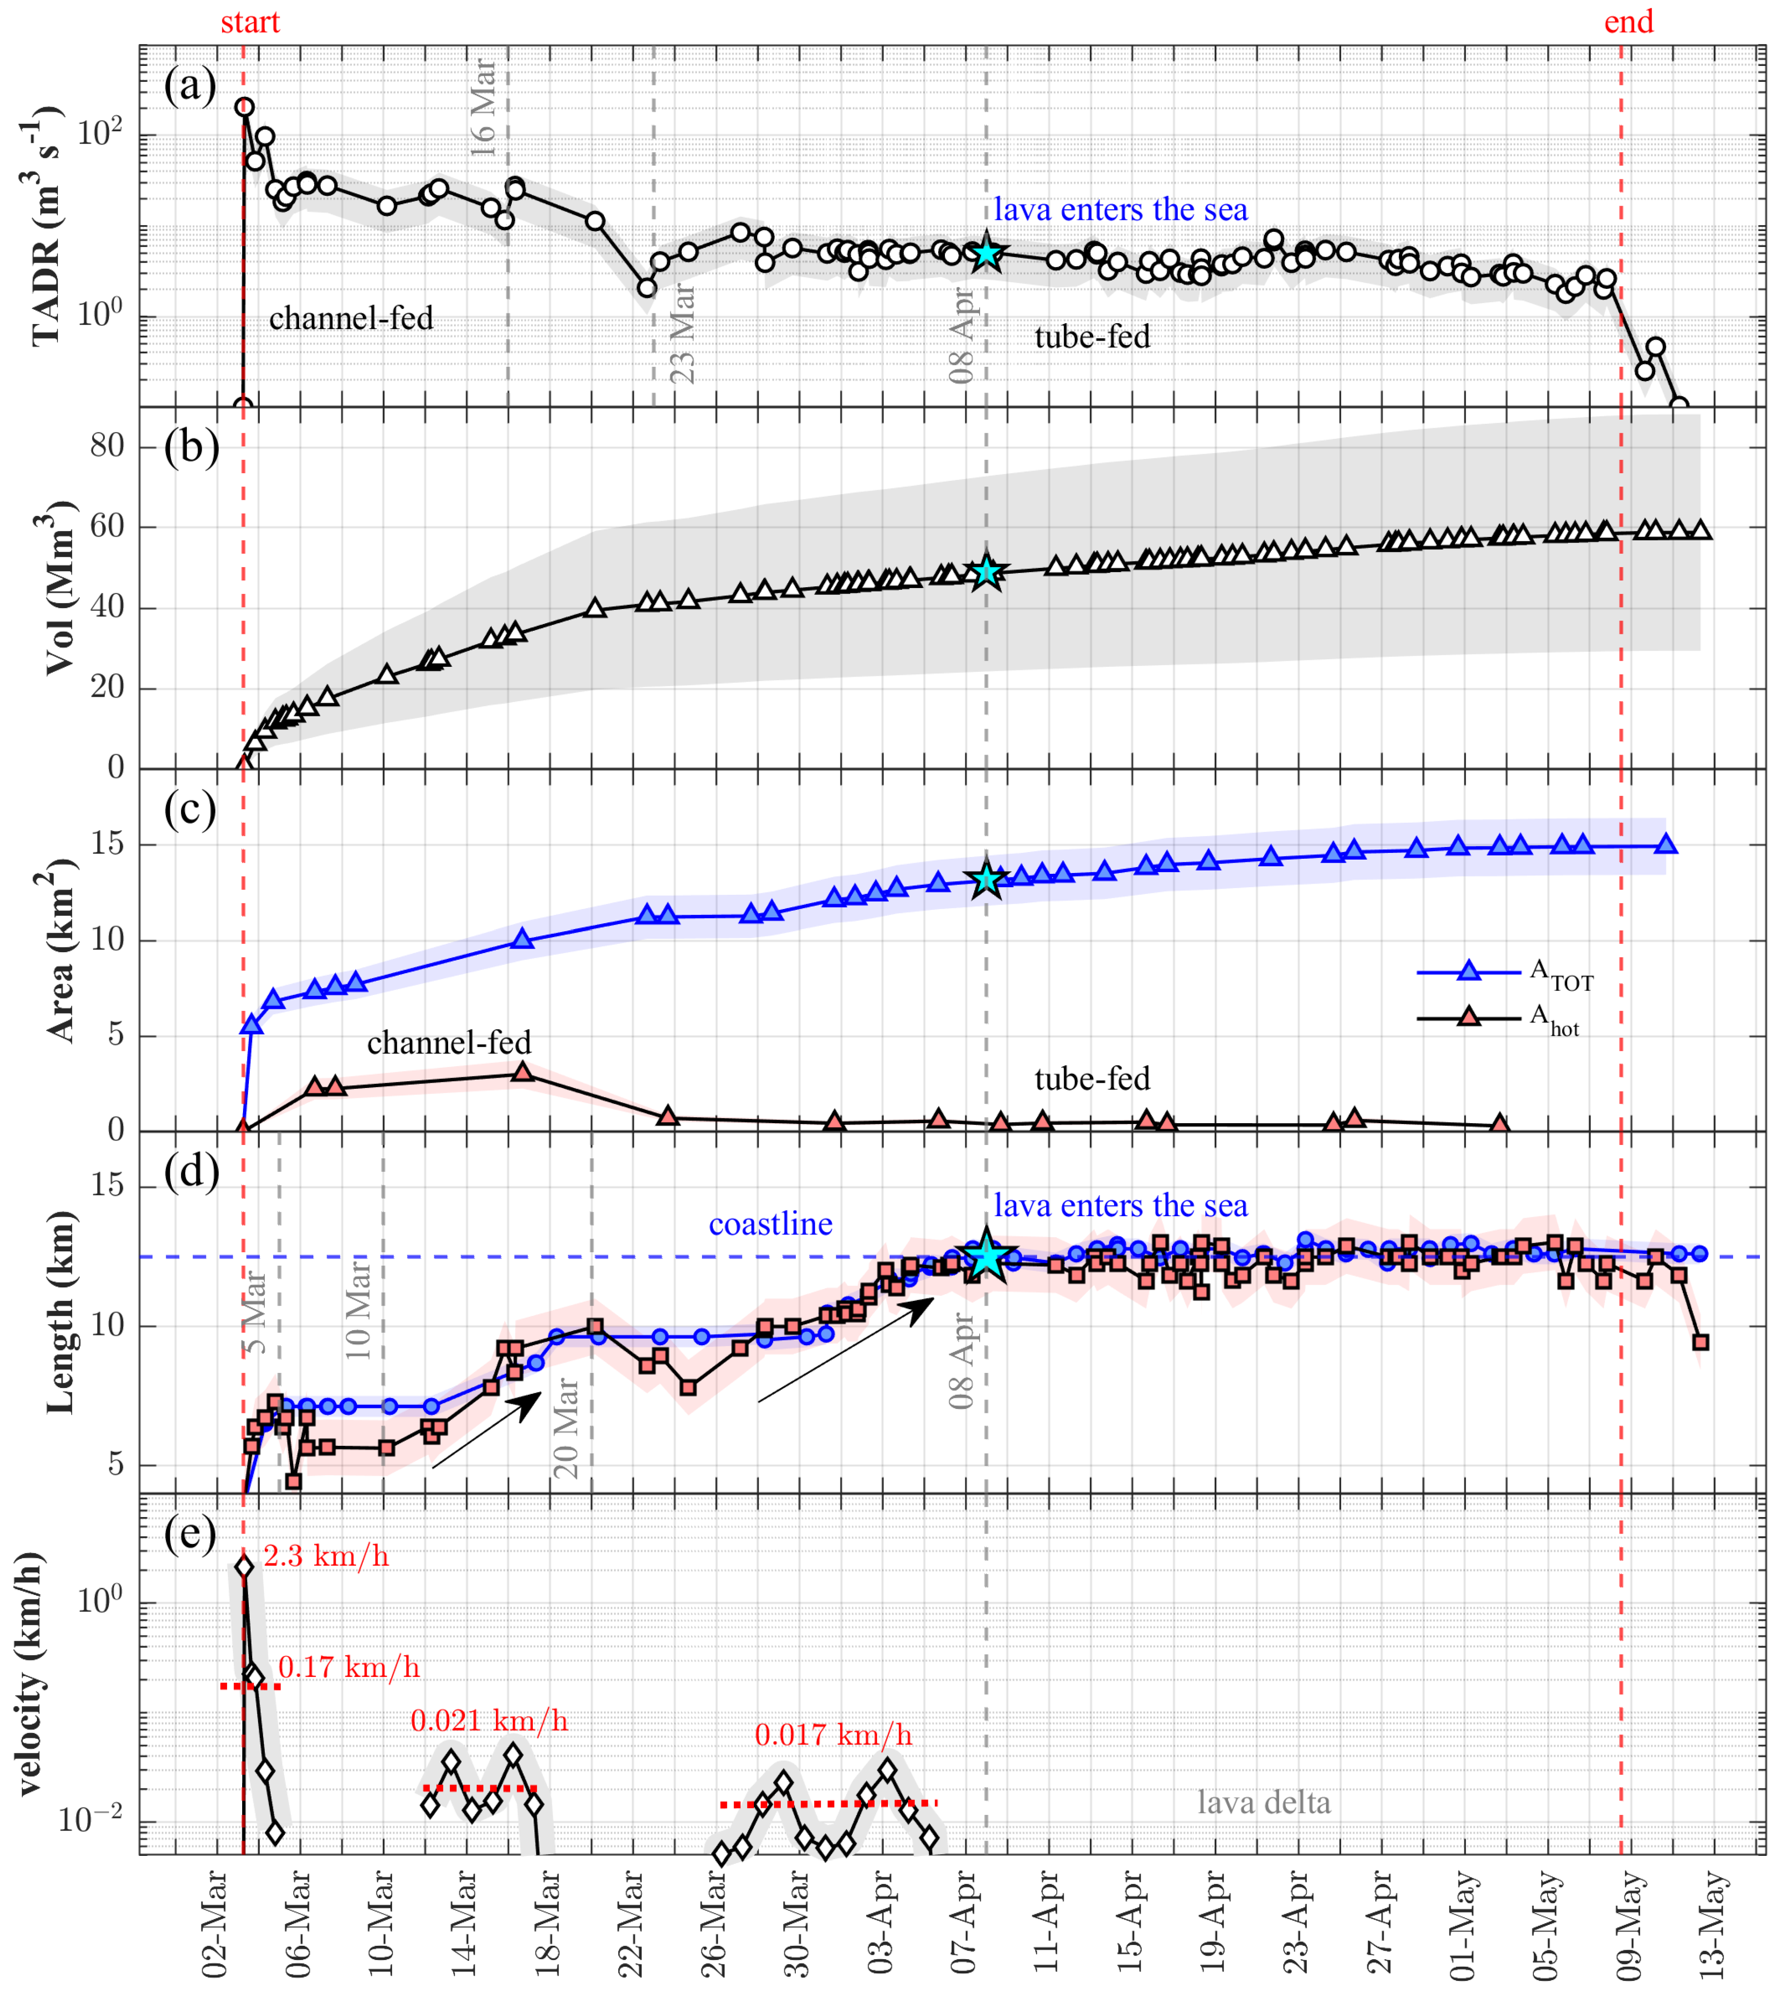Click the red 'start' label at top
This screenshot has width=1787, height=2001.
[x=249, y=22]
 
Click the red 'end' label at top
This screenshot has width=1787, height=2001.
[x=1628, y=22]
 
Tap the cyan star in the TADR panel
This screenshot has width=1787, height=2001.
[x=986, y=253]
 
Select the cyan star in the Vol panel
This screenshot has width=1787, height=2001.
[x=986, y=572]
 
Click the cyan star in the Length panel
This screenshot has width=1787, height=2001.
[x=986, y=1257]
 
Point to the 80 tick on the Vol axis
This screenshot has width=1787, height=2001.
[x=108, y=447]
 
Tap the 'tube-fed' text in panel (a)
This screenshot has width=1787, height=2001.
[x=1092, y=337]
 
